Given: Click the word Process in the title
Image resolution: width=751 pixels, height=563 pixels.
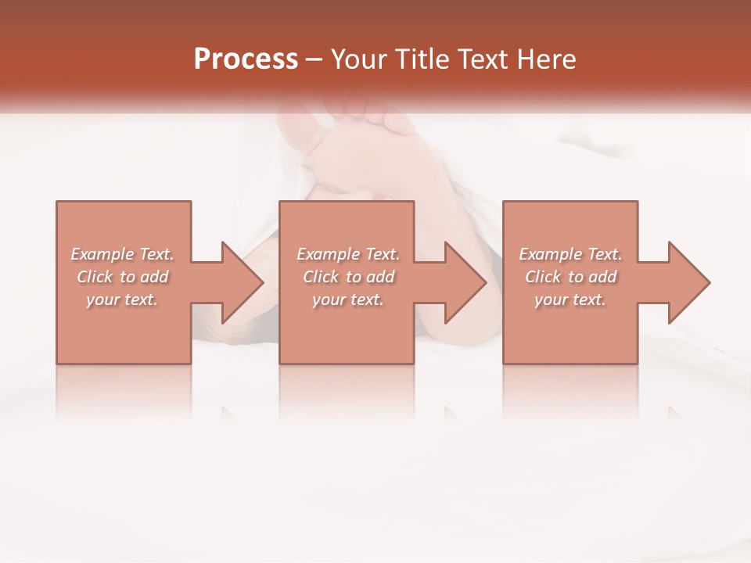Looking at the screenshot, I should coord(246,59).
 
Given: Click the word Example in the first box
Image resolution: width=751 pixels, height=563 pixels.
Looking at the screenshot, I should coord(102,254).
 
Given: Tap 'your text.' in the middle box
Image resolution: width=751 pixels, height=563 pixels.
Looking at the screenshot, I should coord(347,299).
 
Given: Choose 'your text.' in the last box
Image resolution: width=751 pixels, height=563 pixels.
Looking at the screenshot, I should coord(570,299).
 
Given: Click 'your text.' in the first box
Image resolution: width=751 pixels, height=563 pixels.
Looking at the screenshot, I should coord(121,299).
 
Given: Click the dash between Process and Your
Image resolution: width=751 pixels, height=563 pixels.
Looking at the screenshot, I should coord(314,60).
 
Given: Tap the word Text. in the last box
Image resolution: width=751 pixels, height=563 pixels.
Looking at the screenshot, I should coord(604,254).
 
